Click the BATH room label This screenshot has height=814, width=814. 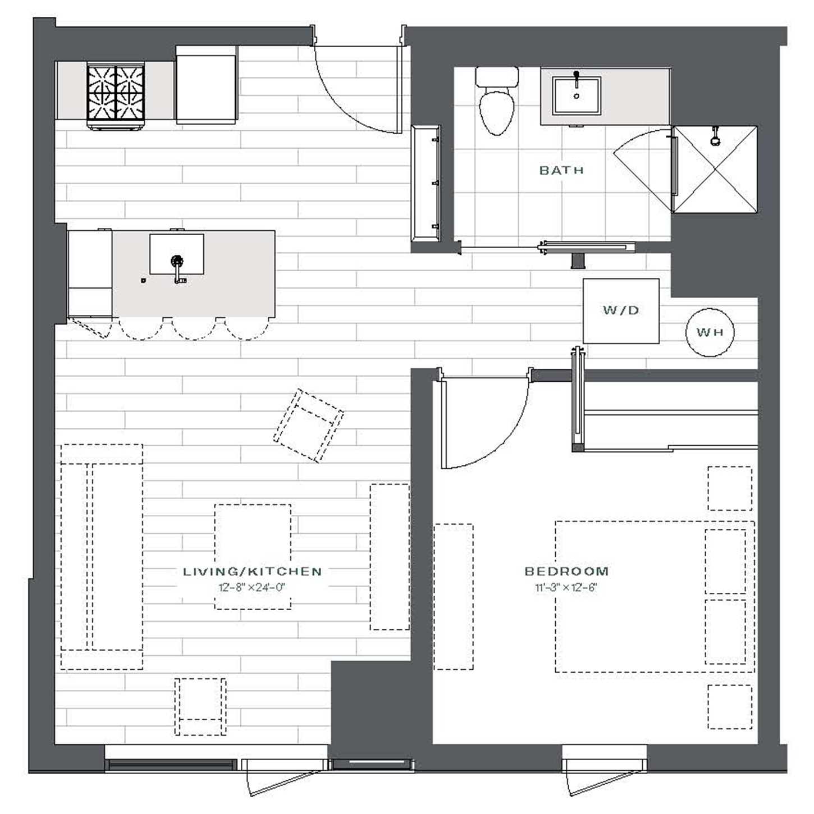[x=561, y=170]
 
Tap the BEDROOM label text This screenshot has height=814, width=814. [x=566, y=571]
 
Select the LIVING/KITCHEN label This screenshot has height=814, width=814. [x=252, y=571]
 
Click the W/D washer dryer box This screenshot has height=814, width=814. [x=621, y=310]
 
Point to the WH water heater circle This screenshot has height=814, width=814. [x=710, y=332]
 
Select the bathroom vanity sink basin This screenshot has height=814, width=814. [x=577, y=96]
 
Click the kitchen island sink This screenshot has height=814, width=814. [x=177, y=255]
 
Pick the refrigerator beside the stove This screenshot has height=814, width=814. [x=207, y=85]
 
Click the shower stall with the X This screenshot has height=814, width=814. [x=715, y=170]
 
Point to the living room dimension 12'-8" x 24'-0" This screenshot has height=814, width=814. [x=252, y=588]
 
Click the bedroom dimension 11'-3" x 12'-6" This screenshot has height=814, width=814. [x=566, y=588]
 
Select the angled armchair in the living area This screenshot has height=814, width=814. [x=308, y=426]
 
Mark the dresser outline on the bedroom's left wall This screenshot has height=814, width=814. [x=454, y=597]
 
